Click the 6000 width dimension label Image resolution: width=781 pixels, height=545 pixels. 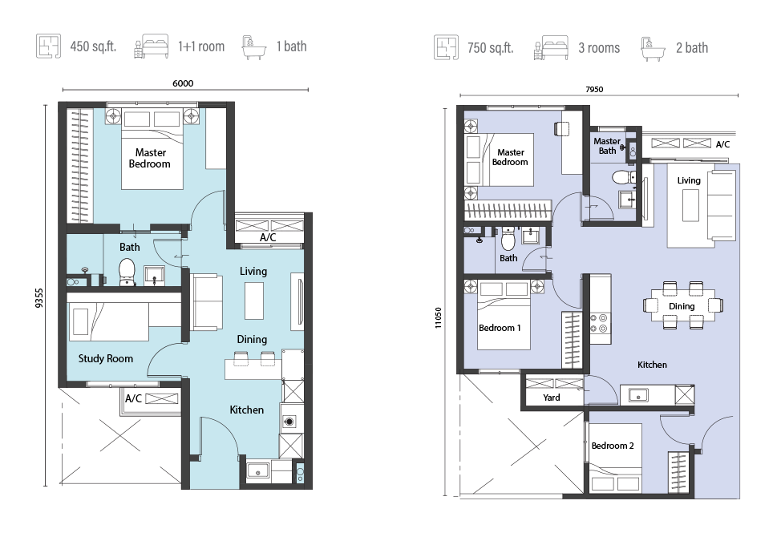coord(183,83)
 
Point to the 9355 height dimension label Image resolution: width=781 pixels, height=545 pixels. coord(39,298)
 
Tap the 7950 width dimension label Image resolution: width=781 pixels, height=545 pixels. coord(594,90)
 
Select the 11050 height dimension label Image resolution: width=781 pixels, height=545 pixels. coord(439,317)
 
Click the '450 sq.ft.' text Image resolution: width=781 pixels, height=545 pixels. coord(93,46)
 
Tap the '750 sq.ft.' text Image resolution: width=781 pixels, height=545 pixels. coord(490,48)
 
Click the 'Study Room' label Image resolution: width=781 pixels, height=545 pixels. coord(106,358)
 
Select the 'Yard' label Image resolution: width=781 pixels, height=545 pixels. coord(552,398)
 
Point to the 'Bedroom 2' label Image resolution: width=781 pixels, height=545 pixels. coord(613,446)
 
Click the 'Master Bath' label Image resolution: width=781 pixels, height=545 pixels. coord(607,146)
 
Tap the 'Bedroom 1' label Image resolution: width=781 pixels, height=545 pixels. coord(500,328)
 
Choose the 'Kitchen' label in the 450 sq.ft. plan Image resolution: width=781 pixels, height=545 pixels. coord(246,410)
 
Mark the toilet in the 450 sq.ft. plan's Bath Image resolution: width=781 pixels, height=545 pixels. coord(127,272)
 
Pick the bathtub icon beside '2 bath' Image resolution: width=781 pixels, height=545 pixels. coord(653,48)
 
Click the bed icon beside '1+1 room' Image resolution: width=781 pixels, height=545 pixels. coord(152,46)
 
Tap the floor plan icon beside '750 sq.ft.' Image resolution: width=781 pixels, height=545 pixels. coord(446,47)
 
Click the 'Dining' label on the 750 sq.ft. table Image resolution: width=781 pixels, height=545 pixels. coord(682,306)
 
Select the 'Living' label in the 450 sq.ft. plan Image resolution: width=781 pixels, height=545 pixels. coord(253,271)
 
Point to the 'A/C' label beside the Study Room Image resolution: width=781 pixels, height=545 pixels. coord(133,398)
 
